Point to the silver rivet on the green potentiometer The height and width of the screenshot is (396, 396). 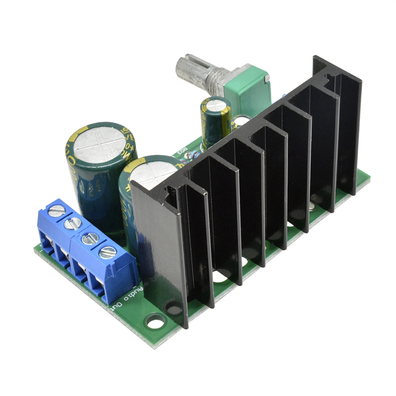pyautogui.click(x=268, y=79)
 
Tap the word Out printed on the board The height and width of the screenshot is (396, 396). pyautogui.click(x=117, y=309)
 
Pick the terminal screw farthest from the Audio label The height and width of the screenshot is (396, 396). pyautogui.click(x=56, y=211)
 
